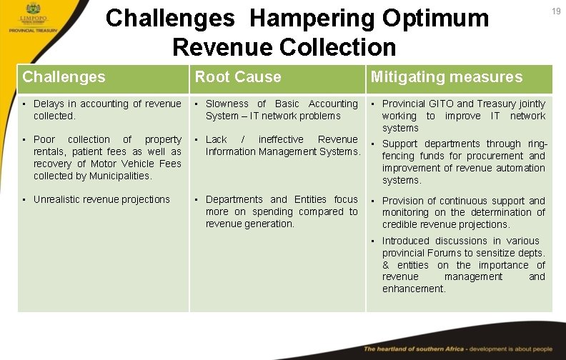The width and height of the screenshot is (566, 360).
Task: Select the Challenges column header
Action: pyautogui.click(x=64, y=77)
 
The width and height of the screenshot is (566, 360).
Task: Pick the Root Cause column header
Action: pyautogui.click(x=238, y=77)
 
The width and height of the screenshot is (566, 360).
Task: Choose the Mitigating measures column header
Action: pyautogui.click(x=446, y=77)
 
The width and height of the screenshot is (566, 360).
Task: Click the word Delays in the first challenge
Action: pyautogui.click(x=49, y=104)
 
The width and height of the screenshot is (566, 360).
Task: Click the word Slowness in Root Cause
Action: pyautogui.click(x=227, y=104)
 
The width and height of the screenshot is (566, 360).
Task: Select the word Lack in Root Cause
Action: pyautogui.click(x=217, y=140)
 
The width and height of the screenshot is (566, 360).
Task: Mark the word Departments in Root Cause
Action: pyautogui.click(x=235, y=200)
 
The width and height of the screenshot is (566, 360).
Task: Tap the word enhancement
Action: pyautogui.click(x=413, y=289)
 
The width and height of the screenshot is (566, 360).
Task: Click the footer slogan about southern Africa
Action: pyautogui.click(x=458, y=349)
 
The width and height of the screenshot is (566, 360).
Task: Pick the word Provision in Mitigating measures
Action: pyautogui.click(x=404, y=201)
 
